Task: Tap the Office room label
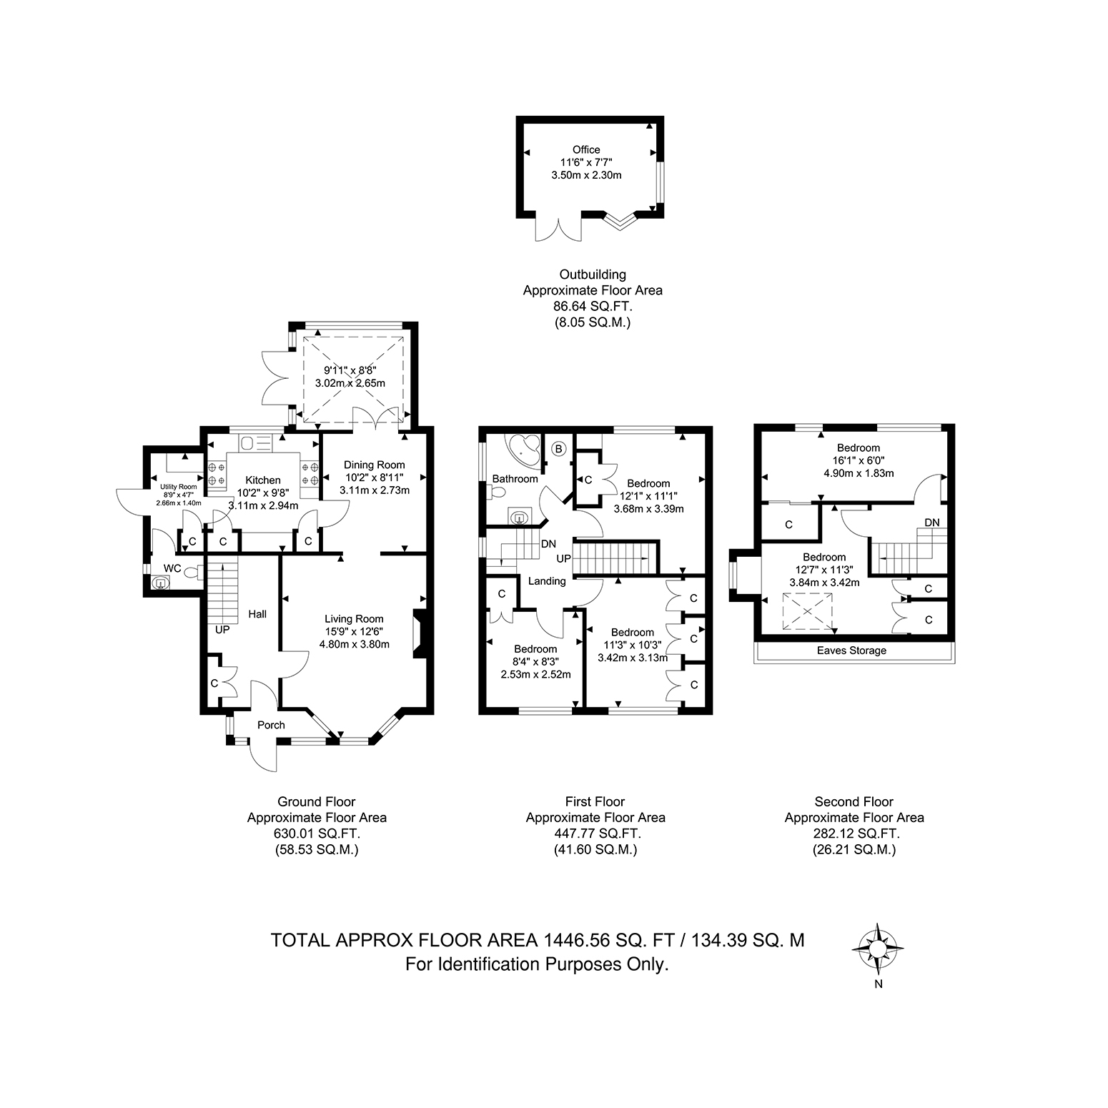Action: [586, 149]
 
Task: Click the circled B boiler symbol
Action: [560, 449]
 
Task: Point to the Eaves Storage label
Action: [852, 651]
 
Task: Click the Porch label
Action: [271, 725]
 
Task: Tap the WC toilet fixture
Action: [191, 571]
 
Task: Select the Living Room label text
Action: [354, 619]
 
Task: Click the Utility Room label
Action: [178, 487]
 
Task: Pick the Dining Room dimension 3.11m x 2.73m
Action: [375, 490]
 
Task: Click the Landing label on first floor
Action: [547, 581]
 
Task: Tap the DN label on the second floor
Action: [932, 523]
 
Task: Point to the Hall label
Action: [257, 614]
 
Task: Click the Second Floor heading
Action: [854, 802]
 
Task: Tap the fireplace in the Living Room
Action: [418, 633]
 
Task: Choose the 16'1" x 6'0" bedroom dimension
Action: [859, 461]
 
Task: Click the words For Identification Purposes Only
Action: [538, 964]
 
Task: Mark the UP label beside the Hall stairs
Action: [222, 630]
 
